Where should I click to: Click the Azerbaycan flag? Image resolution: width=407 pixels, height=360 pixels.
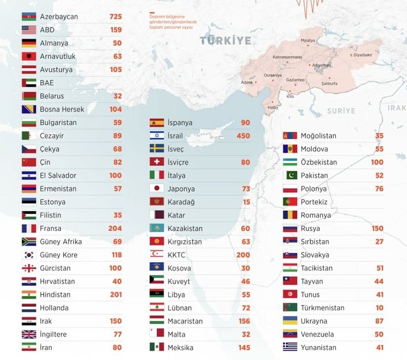click(29, 16)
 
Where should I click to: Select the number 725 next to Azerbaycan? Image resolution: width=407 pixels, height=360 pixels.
click(115, 16)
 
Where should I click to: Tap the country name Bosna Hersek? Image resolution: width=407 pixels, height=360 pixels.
click(62, 109)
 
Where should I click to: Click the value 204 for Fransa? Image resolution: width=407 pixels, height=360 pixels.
click(115, 229)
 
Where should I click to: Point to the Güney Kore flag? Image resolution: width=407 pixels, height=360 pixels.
click(29, 255)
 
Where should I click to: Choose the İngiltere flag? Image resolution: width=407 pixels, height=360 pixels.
click(29, 335)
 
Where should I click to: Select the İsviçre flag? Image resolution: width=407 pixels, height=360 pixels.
click(157, 163)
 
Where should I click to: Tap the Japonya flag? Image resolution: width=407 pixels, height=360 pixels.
click(157, 189)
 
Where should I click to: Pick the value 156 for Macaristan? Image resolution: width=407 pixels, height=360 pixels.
click(243, 321)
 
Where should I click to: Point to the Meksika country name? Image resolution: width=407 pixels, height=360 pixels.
click(181, 348)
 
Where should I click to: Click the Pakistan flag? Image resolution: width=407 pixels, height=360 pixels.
click(290, 175)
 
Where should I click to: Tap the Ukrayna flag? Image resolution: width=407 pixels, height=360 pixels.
click(290, 321)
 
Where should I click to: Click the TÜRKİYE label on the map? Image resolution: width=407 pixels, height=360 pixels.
click(226, 41)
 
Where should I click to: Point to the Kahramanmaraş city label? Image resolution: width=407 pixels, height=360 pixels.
click(288, 57)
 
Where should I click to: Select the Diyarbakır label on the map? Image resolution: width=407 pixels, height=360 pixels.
click(363, 54)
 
